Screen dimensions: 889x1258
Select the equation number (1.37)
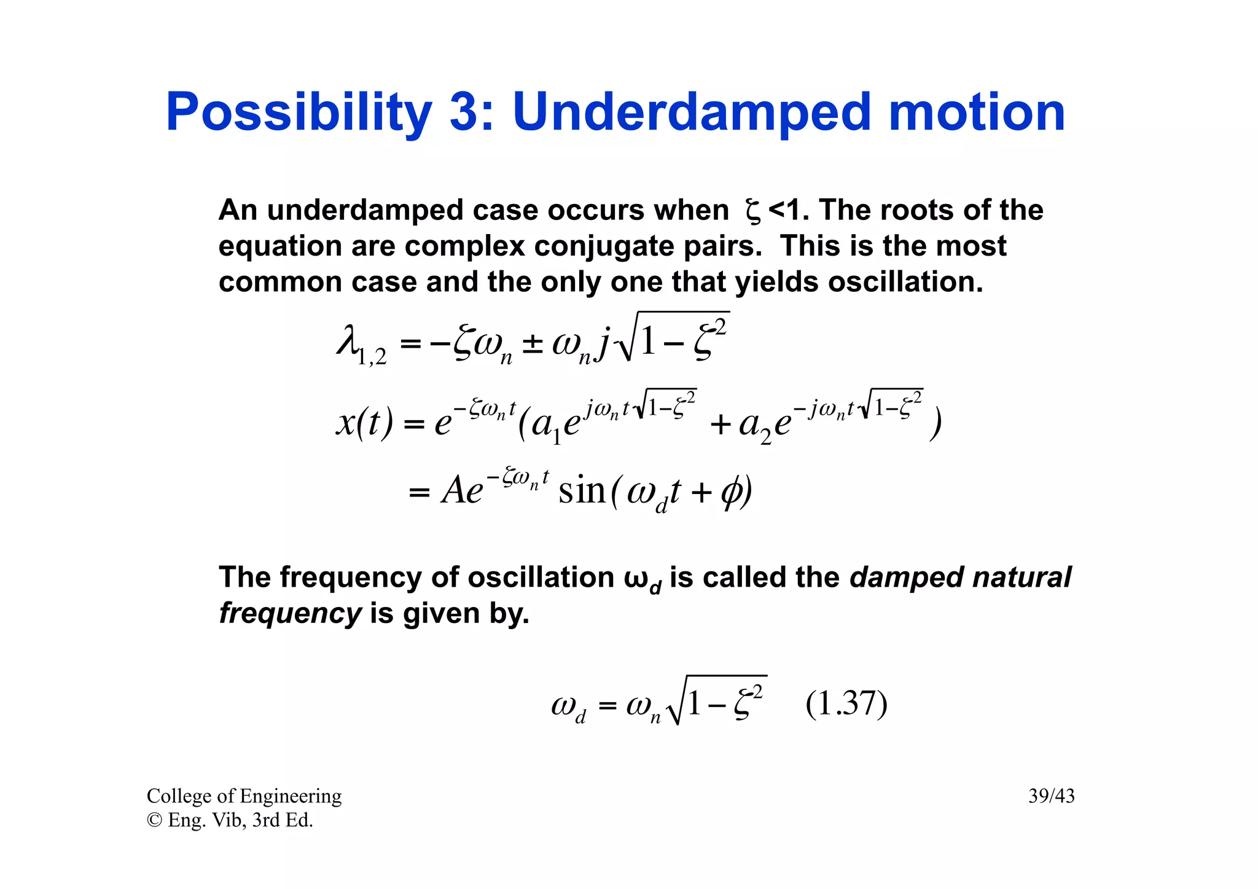[x=846, y=704]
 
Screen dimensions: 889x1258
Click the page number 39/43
[x=1051, y=796]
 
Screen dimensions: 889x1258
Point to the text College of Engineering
[x=244, y=796]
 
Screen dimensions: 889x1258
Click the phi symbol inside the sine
[x=732, y=492]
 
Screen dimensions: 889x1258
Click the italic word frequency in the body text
[x=290, y=613]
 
